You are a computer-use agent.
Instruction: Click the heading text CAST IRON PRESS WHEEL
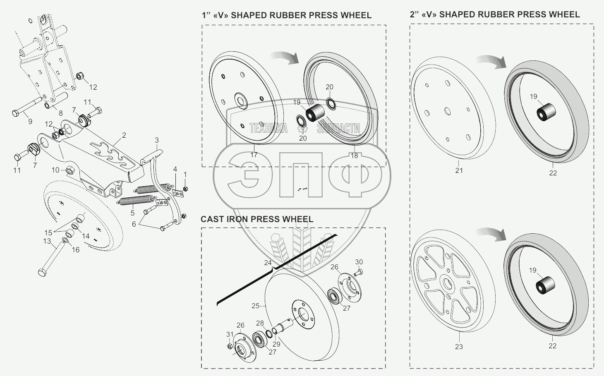[256, 219]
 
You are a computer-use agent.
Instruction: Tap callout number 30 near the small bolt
[359, 262]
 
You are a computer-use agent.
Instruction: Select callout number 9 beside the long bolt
[30, 122]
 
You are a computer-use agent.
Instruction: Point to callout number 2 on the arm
[124, 135]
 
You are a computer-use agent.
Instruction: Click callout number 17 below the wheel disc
[254, 155]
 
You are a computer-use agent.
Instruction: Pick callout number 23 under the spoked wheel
[459, 347]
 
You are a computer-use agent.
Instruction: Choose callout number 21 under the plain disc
[459, 170]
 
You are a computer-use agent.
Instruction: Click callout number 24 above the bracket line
[268, 263]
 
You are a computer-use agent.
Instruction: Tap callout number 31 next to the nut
[230, 334]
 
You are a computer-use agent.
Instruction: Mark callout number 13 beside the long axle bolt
[47, 241]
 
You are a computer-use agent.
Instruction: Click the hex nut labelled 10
[69, 170]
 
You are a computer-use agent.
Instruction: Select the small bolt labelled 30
[358, 271]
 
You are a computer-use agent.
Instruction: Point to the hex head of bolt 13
[42, 273]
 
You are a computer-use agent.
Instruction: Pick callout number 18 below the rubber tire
[355, 156]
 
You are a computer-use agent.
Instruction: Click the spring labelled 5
[133, 201]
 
